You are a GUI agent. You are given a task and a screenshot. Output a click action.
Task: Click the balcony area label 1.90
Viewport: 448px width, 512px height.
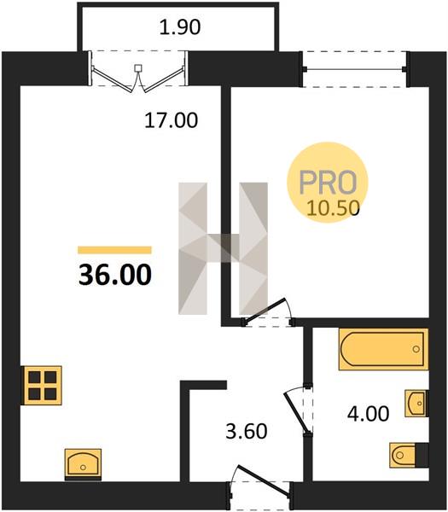(180, 27)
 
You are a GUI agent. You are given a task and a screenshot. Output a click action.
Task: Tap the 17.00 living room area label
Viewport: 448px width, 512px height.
(172, 120)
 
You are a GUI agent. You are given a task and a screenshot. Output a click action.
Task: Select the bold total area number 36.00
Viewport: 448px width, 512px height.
(115, 274)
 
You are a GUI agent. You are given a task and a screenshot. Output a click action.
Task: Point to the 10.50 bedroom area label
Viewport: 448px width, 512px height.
(333, 208)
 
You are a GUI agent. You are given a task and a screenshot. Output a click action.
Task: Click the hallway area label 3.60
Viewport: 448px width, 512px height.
(247, 431)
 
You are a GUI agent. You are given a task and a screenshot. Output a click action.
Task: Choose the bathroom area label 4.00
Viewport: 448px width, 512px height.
(368, 414)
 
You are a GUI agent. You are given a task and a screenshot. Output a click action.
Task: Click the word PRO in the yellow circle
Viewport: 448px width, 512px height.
(328, 183)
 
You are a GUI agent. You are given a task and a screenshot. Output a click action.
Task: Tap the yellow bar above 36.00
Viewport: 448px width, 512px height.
(114, 250)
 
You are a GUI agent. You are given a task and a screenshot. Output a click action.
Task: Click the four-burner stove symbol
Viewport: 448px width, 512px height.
(42, 386)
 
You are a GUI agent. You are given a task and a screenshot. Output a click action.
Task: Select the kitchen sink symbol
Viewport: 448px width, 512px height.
(83, 465)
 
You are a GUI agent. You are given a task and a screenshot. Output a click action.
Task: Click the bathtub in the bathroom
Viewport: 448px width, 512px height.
(383, 349)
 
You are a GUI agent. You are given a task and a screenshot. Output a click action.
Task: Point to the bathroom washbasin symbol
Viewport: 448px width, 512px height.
(416, 404)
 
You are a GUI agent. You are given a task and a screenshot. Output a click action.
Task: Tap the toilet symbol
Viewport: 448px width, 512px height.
(409, 455)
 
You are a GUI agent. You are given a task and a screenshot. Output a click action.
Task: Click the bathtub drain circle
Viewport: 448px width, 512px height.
(416, 349)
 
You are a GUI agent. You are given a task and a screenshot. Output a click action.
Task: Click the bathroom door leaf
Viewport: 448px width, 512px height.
(296, 412)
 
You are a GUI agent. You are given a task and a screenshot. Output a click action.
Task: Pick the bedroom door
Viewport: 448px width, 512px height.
(266, 311)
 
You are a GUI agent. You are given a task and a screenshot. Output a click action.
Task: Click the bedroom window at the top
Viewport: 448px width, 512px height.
(354, 69)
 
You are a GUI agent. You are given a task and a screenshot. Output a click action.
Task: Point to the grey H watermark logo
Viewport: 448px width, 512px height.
(223, 248)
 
